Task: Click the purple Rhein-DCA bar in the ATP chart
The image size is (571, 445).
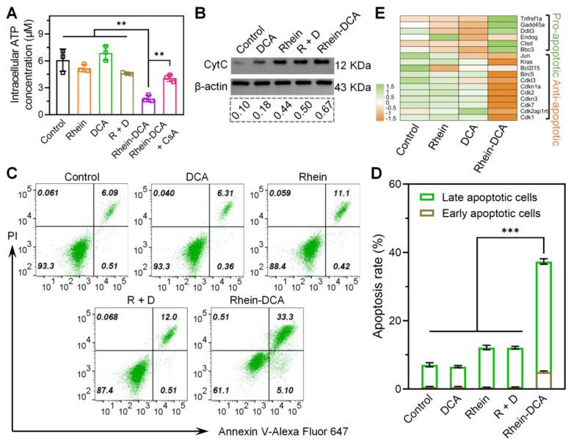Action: click(148, 98)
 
